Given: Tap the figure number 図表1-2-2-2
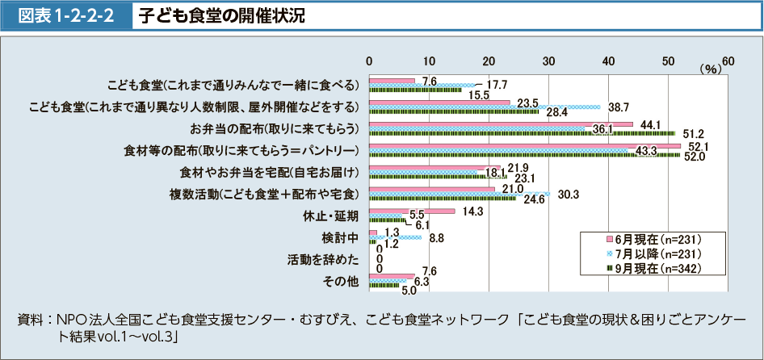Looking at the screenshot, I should click(66, 15).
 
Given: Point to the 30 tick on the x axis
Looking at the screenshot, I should click(548, 61).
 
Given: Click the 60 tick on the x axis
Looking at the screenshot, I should click(728, 61).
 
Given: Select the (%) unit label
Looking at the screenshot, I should click(710, 70).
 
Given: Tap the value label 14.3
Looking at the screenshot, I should click(472, 211).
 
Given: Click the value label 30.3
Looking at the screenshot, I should click(569, 194).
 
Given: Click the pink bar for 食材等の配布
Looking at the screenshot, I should click(524, 146).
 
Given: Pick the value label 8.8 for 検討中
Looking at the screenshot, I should click(438, 238).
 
